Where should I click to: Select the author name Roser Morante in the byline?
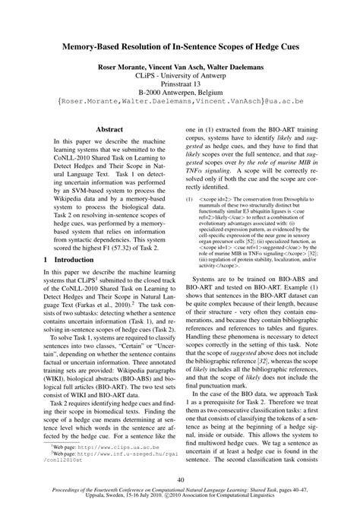pyautogui.click(x=123, y=68)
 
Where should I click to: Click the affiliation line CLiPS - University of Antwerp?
pyautogui.click(x=179, y=77)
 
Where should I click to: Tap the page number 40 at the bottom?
pyautogui.click(x=179, y=479)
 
